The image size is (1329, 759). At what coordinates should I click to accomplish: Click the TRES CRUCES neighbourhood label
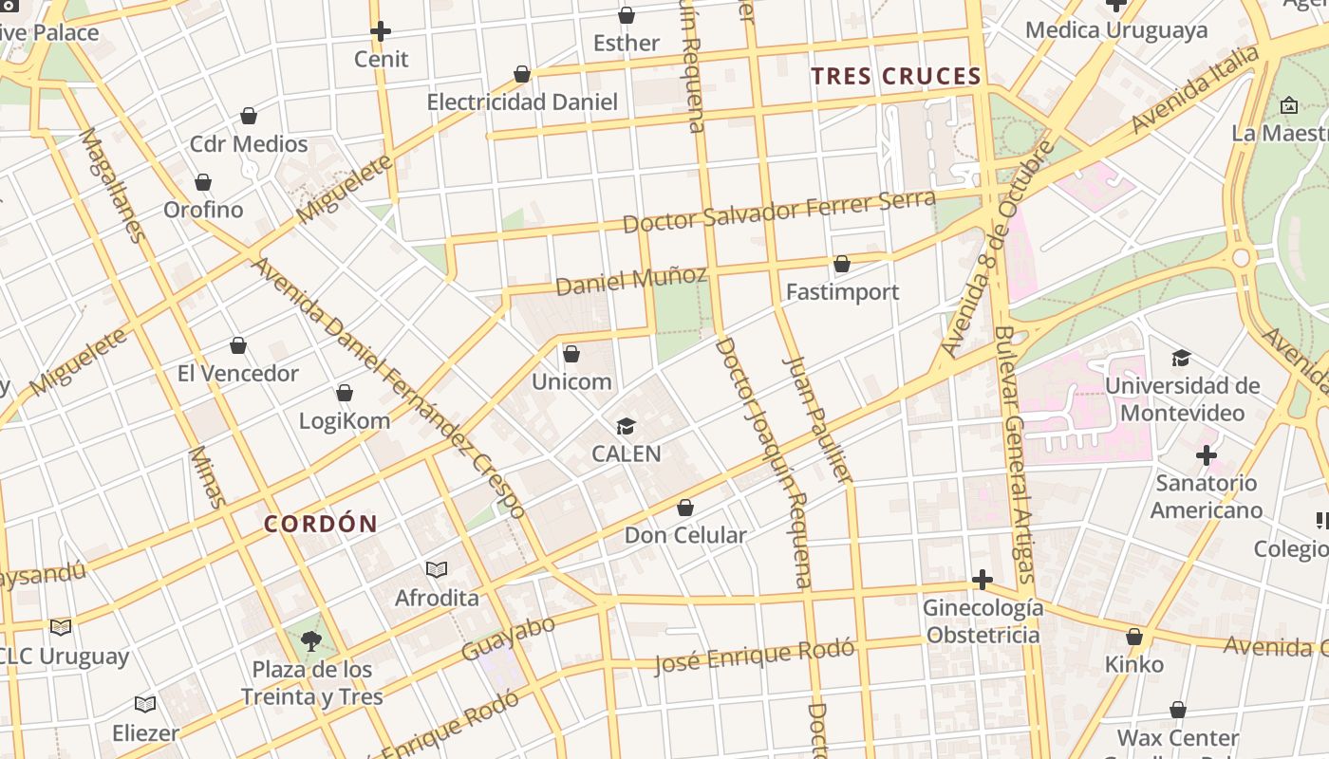[896, 77]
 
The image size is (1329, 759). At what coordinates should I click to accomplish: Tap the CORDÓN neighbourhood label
[321, 524]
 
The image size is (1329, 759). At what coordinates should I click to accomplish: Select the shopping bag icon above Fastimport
[842, 264]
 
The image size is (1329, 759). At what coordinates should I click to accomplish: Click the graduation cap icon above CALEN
[626, 426]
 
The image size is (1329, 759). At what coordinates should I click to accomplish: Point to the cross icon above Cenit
[381, 31]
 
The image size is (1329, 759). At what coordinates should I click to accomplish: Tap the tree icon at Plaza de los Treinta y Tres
[310, 640]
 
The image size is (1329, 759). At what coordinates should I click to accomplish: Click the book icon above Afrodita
[437, 569]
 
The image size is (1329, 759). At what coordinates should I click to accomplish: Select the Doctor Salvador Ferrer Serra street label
[778, 211]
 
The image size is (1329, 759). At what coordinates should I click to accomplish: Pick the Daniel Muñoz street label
[631, 280]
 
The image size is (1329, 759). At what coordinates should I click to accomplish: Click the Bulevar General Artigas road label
[1013, 455]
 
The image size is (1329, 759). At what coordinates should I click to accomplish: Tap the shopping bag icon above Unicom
[571, 354]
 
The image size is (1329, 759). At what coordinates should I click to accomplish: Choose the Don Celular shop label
[685, 535]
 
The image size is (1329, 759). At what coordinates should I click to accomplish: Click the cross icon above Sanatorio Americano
[1207, 455]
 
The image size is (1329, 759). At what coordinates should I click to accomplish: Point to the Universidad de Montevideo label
[1182, 399]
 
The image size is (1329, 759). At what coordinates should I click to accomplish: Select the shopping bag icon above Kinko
[1134, 637]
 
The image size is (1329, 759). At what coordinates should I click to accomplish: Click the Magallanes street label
[112, 185]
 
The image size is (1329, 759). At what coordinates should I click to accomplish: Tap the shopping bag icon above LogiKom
[345, 393]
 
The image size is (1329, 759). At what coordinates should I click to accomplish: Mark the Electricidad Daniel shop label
[522, 102]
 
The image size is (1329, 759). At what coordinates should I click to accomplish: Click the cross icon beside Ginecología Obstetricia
[983, 580]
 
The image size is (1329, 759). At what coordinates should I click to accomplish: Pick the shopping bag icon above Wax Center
[1178, 710]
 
